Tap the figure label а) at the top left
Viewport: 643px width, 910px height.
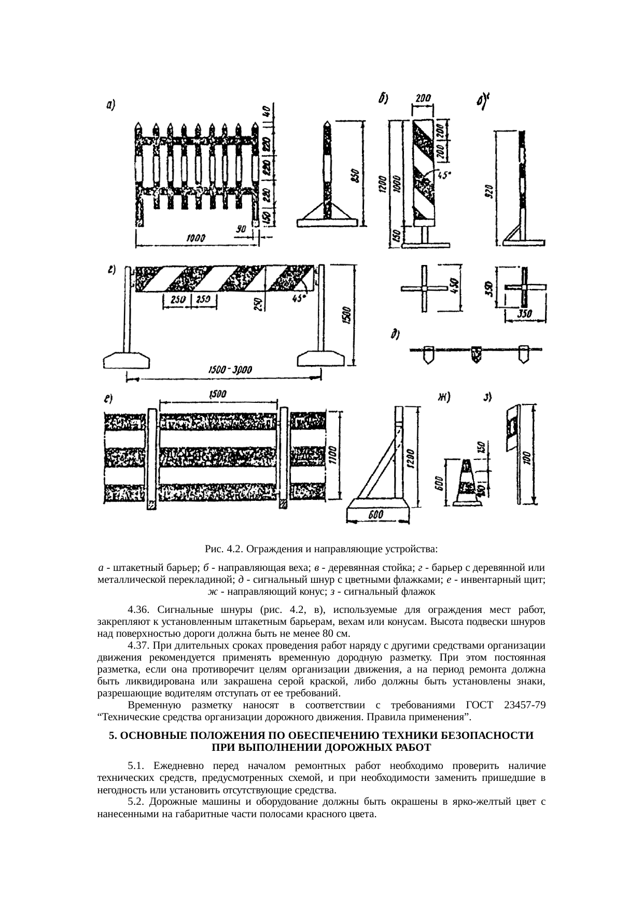tap(110, 105)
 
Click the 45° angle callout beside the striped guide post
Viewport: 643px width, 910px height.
tap(443, 175)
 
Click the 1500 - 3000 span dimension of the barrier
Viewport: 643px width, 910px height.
tap(229, 370)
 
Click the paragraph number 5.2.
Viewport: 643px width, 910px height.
tap(137, 802)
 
